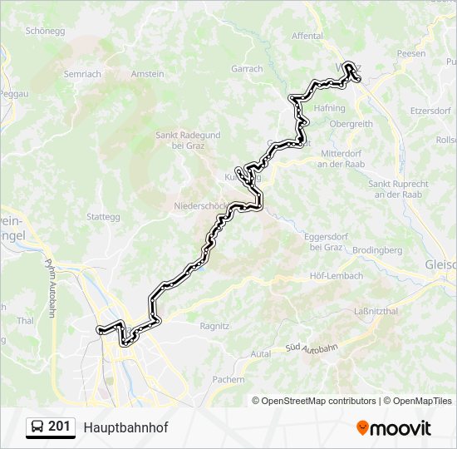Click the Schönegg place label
(x=46, y=31)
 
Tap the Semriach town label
(x=82, y=74)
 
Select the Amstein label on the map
(x=147, y=74)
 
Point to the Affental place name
(x=307, y=37)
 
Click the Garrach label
(x=247, y=69)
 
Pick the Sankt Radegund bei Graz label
(x=188, y=140)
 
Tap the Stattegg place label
(x=103, y=217)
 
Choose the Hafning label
(x=330, y=108)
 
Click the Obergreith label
(x=351, y=124)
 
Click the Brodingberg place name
(x=376, y=249)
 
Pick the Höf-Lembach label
(x=336, y=275)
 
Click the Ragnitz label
(x=214, y=327)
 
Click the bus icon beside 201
(x=37, y=427)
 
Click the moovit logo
(x=393, y=427)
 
